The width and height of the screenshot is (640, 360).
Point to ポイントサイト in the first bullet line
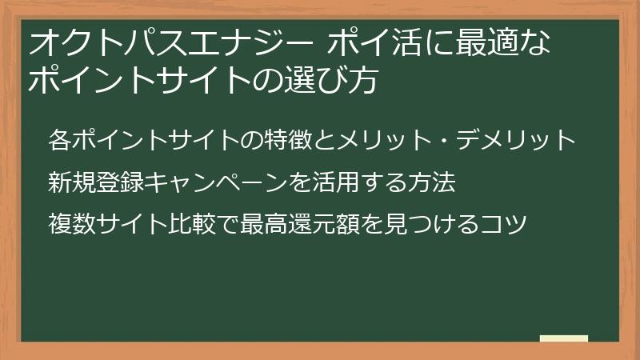tap(156, 141)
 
